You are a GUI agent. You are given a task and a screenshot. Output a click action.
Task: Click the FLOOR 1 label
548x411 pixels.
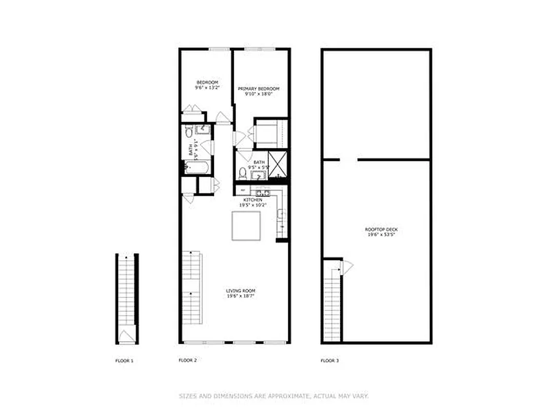[124, 361]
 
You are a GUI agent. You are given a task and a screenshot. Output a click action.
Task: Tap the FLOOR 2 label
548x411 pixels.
[188, 360]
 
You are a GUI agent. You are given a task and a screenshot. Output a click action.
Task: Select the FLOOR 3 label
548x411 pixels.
[330, 361]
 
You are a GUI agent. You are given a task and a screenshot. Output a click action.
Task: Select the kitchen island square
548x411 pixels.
[246, 226]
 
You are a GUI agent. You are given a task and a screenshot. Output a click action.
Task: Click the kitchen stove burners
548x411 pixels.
[263, 193]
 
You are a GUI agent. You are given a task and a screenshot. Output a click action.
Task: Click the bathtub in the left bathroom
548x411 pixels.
[197, 167]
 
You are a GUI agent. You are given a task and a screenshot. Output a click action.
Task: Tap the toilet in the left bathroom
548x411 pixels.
[189, 132]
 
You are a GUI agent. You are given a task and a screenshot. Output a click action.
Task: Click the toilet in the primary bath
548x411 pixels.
[243, 173]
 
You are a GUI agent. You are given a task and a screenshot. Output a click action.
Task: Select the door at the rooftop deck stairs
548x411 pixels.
[347, 267]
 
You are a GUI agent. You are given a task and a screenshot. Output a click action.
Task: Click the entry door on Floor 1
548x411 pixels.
[126, 337]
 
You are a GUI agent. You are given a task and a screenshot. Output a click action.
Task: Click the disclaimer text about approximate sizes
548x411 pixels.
[273, 396]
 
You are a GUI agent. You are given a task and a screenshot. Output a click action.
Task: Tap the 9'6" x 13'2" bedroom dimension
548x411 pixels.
[207, 88]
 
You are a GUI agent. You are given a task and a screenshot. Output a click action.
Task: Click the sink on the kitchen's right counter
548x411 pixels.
[282, 214]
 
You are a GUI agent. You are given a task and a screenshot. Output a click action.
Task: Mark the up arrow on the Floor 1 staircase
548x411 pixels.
[126, 256]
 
